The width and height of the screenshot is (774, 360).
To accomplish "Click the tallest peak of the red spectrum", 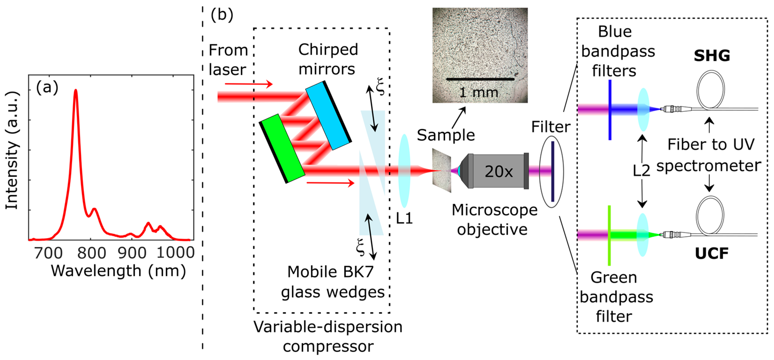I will point(76,90).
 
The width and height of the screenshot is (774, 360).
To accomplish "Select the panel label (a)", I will point(47,88).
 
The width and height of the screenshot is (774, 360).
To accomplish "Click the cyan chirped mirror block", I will point(328,115).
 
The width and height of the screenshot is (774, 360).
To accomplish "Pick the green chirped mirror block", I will point(282,148).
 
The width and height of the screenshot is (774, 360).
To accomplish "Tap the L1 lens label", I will point(404,219).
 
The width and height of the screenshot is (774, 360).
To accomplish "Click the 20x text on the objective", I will point(499,172).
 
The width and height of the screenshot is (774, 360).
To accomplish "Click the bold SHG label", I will point(711,56).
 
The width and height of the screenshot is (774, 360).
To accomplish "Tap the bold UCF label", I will point(711,253).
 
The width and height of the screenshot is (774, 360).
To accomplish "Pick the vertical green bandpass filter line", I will point(609,235).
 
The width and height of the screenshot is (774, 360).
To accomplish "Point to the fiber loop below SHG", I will point(710,89).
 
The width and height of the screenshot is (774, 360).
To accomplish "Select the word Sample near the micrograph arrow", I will point(446,135).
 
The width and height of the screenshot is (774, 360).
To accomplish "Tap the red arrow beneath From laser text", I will point(249,84).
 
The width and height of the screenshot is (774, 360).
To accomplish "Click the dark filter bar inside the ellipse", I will point(553,171).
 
